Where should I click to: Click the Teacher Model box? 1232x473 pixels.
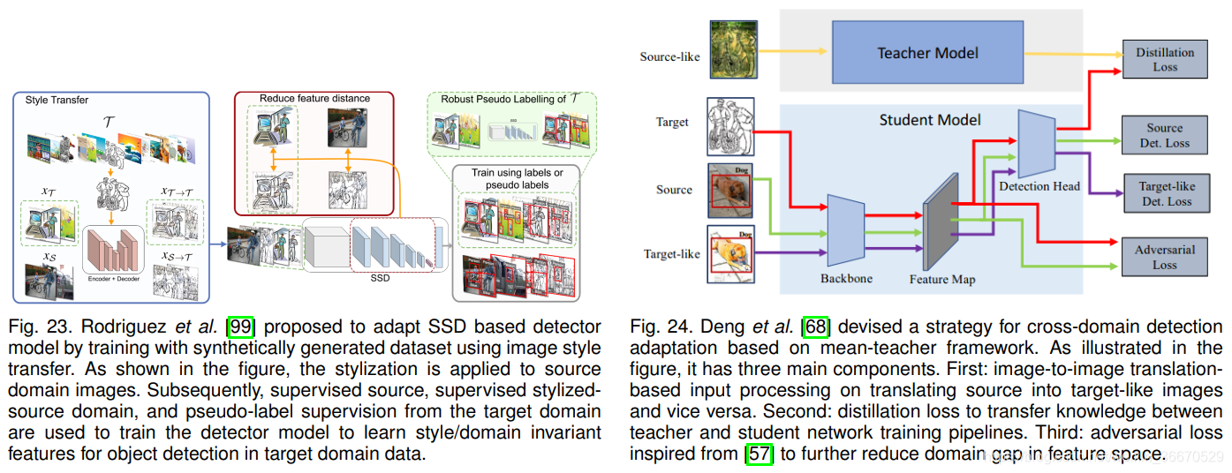pyautogui.click(x=927, y=53)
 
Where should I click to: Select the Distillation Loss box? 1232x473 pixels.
pyautogui.click(x=1164, y=59)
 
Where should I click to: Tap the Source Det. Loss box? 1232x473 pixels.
pyautogui.click(x=1164, y=135)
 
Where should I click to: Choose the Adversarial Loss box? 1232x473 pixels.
pyautogui.click(x=1164, y=257)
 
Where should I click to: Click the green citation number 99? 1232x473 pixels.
pyautogui.click(x=240, y=326)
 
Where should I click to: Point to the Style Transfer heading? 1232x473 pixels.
pyautogui.click(x=57, y=100)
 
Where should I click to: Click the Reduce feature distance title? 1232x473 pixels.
pyautogui.click(x=314, y=97)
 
